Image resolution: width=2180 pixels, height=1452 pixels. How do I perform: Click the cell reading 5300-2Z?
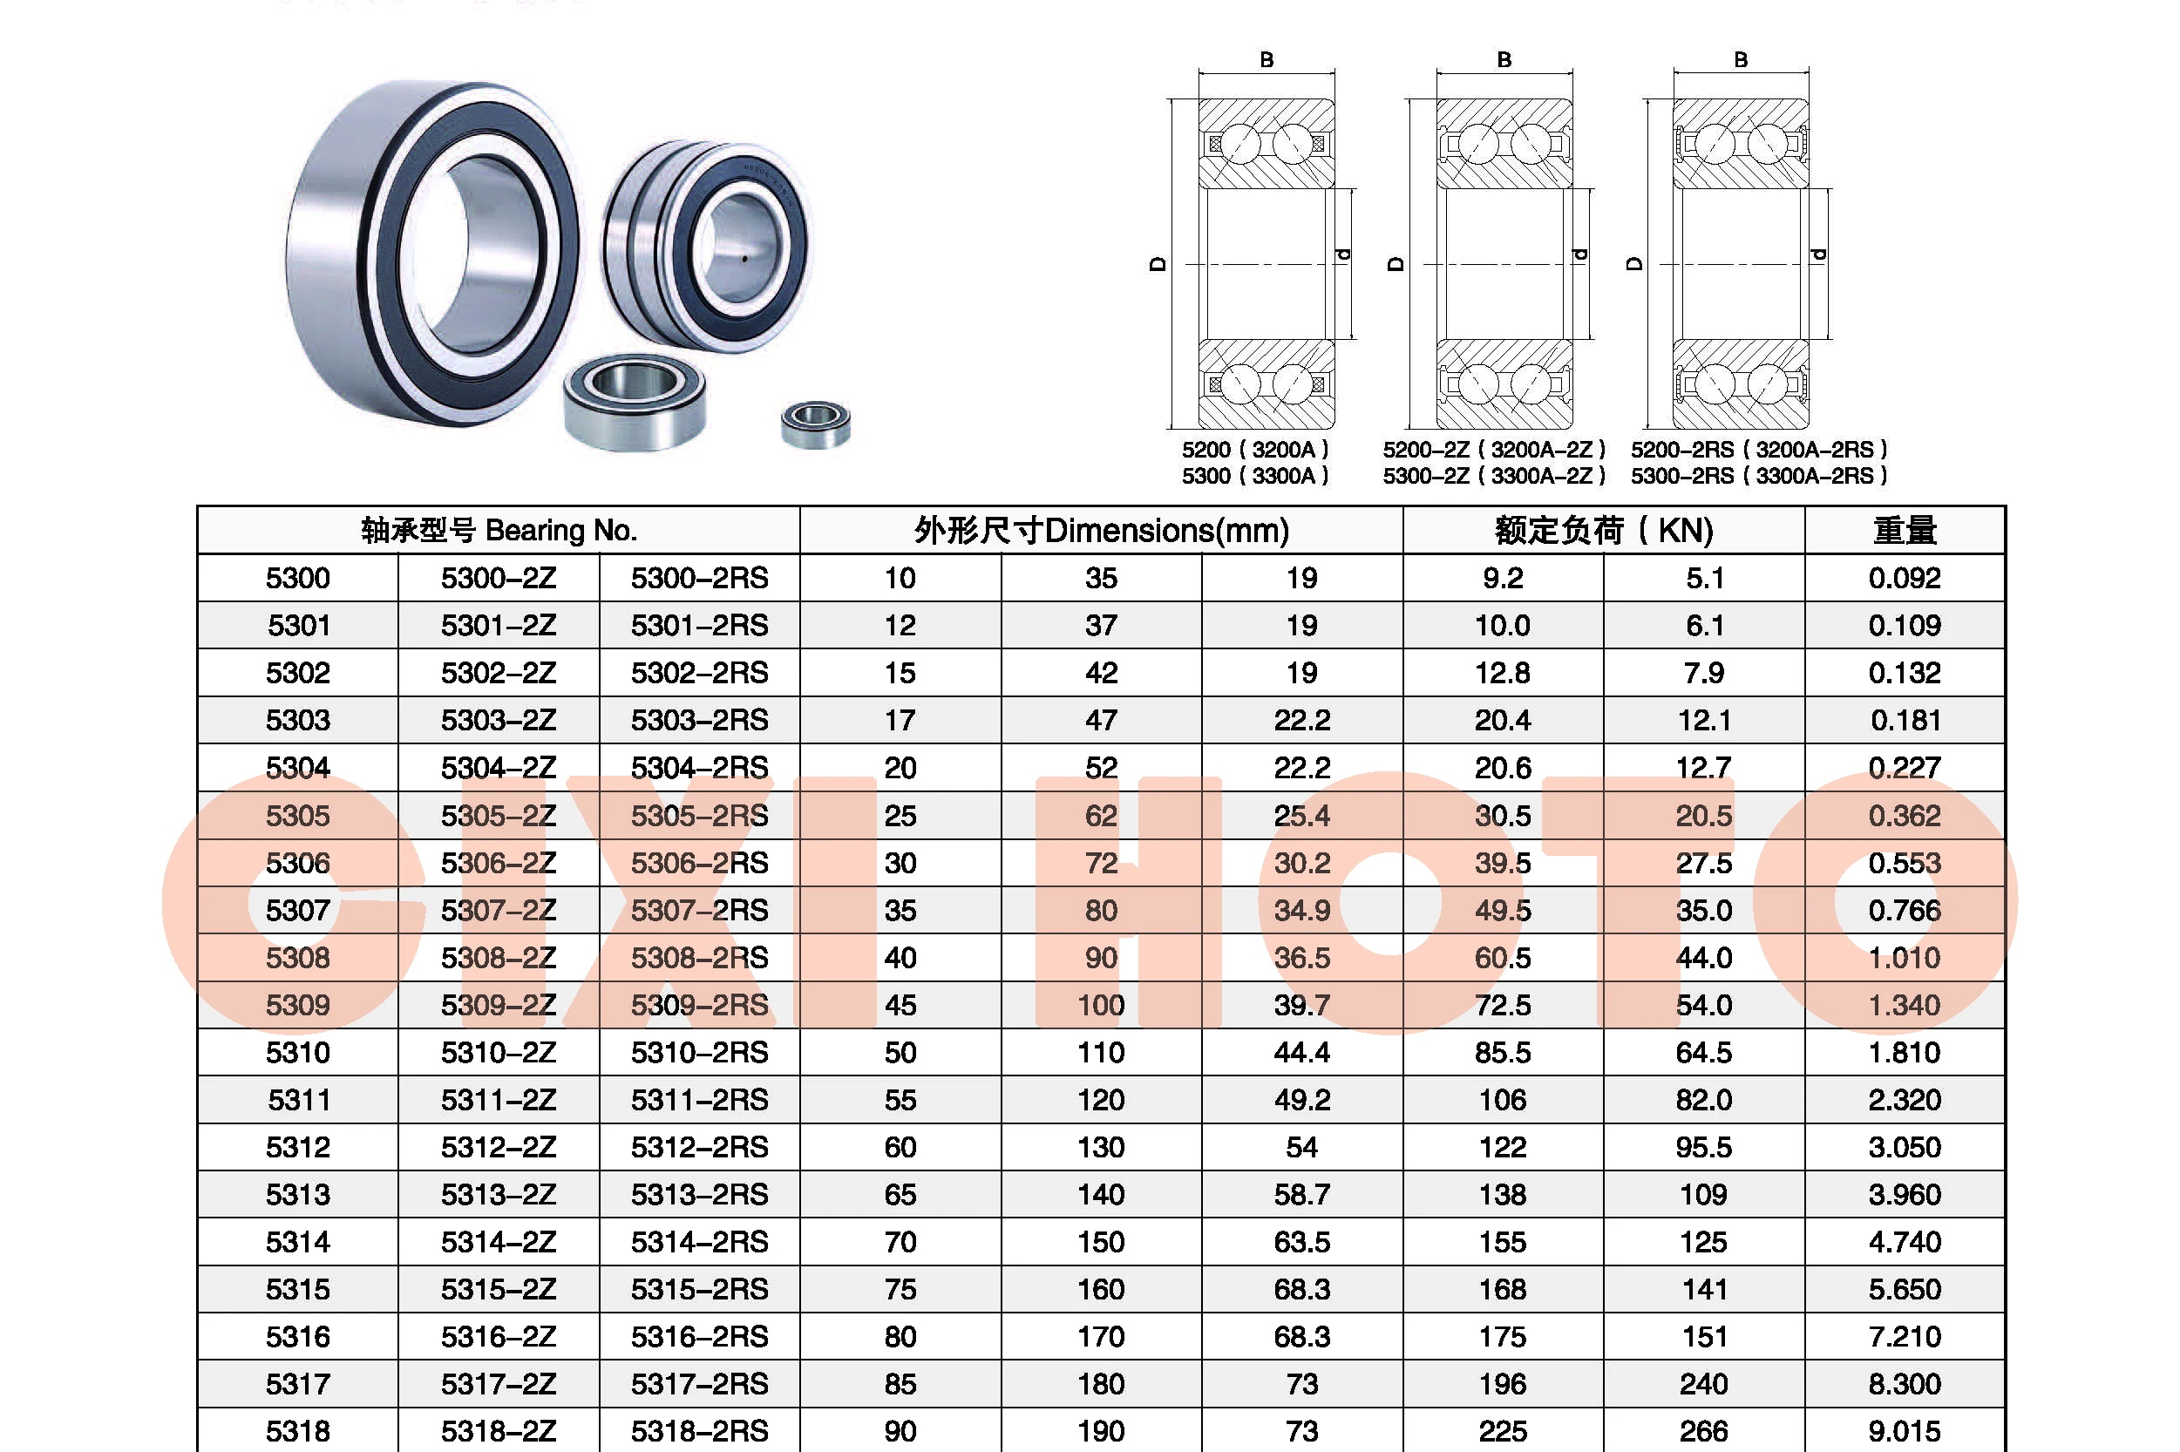499,578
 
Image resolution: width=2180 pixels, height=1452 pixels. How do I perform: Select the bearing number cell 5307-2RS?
699,910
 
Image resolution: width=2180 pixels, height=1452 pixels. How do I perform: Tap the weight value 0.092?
1904,578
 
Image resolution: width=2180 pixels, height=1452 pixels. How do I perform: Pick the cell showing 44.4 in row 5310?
1301,1053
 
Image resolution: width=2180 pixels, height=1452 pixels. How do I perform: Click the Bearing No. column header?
499,531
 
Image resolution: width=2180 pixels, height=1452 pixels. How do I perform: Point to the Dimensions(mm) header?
1101,531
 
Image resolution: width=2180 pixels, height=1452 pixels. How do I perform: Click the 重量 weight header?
1904,531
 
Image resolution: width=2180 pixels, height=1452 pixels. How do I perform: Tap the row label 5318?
297,1431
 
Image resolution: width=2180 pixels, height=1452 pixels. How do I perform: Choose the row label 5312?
297,1147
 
